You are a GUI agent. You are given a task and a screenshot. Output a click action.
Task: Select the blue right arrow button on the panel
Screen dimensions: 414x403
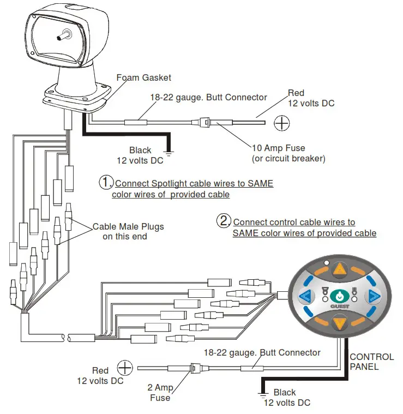(x=374, y=297)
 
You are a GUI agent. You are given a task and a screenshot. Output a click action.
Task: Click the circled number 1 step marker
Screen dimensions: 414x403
(x=105, y=182)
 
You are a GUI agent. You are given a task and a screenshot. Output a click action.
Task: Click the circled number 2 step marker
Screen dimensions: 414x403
(x=224, y=221)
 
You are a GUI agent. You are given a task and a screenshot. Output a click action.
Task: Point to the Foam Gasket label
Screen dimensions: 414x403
(x=143, y=77)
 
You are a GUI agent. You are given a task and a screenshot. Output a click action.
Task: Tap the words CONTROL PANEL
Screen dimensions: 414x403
(x=371, y=362)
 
